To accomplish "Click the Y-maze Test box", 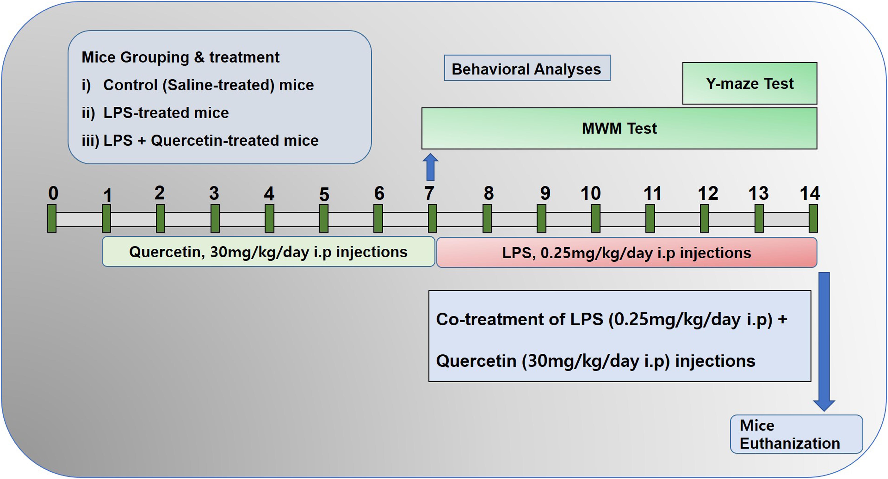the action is pos(750,83).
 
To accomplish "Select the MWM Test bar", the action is pos(619,128).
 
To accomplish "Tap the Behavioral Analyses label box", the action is pos(527,68).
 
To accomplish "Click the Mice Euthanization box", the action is pos(796,434).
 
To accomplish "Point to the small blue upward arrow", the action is pos(430,167).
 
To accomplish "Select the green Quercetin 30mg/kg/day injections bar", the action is pos(268,252).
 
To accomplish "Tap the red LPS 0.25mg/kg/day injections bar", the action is pos(627,252).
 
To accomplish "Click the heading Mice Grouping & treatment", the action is pos(180,57).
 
